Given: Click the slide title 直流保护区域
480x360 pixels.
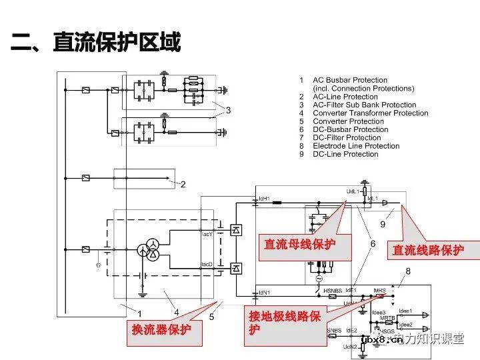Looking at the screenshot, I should pyautogui.click(x=97, y=44).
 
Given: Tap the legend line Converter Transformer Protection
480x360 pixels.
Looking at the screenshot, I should pyautogui.click(x=370, y=113).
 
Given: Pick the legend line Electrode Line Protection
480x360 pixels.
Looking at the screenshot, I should pyautogui.click(x=356, y=146).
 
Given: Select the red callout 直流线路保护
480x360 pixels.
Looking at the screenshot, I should pyautogui.click(x=427, y=250).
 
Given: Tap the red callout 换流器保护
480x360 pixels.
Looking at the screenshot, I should pyautogui.click(x=161, y=329).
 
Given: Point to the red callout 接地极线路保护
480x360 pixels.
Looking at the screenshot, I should pyautogui.click(x=285, y=323).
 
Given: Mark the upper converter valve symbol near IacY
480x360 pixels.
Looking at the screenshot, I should pyautogui.click(x=235, y=230).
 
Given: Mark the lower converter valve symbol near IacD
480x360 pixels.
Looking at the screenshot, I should pyautogui.click(x=235, y=268).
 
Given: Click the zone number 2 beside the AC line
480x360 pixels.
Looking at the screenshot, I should pyautogui.click(x=183, y=185).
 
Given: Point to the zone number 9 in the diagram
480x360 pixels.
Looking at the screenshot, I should pyautogui.click(x=383, y=225).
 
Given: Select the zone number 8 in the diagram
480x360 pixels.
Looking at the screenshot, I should pyautogui.click(x=408, y=271).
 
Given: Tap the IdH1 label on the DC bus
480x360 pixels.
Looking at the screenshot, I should pyautogui.click(x=263, y=198).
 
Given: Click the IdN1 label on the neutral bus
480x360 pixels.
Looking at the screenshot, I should pyautogui.click(x=264, y=292).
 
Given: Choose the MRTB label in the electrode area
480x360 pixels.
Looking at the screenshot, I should pyautogui.click(x=388, y=319).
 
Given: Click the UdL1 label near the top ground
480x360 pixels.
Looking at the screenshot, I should pyautogui.click(x=353, y=191).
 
